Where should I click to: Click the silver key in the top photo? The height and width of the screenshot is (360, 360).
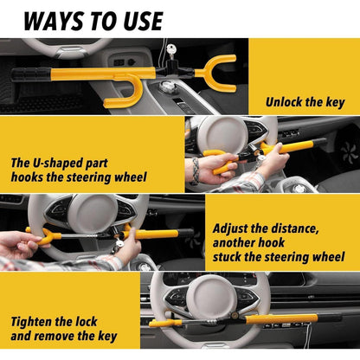171,51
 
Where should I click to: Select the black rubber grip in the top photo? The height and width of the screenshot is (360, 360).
31,74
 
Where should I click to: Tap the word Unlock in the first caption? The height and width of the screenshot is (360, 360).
284,102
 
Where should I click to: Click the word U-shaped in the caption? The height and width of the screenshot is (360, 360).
54,164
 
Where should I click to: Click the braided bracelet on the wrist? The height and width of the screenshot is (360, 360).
196,170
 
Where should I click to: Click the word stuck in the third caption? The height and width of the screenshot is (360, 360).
228,257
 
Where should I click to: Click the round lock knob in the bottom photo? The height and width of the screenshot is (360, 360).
234,315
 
